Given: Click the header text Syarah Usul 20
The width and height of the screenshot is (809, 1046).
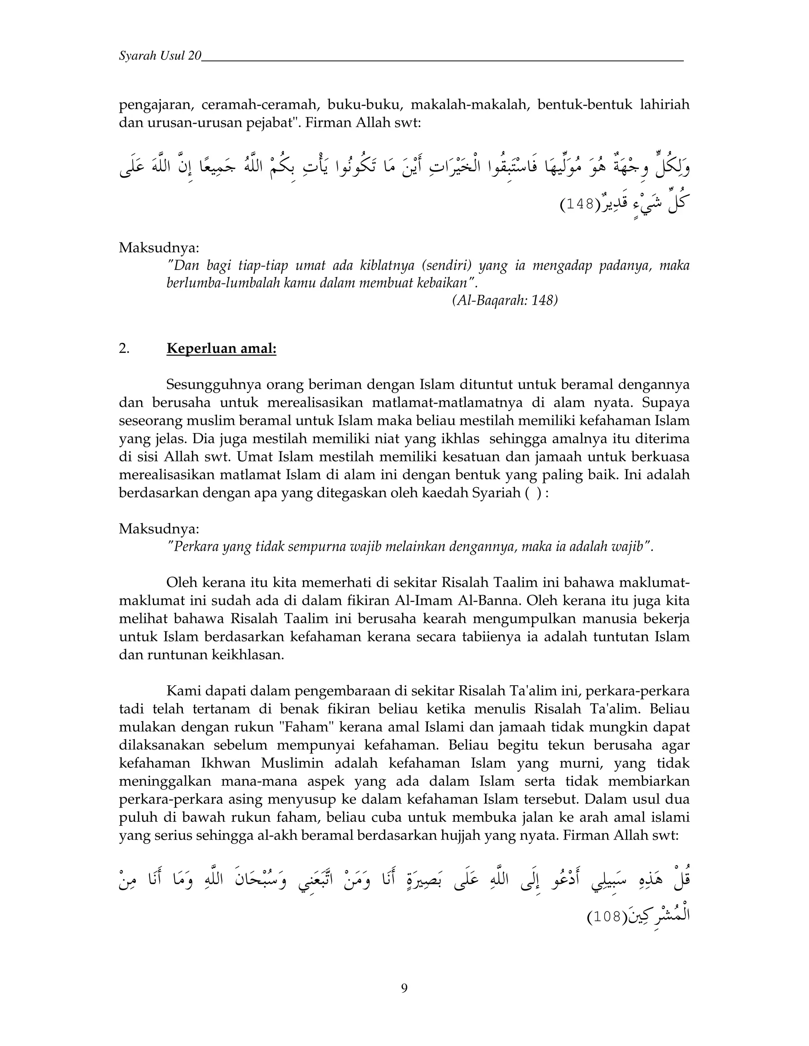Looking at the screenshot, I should pyautogui.click(x=160, y=56).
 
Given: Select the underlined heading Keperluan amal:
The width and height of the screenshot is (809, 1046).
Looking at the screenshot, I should pyautogui.click(x=222, y=348).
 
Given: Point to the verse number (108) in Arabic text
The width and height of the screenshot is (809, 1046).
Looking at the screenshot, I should pyautogui.click(x=607, y=917).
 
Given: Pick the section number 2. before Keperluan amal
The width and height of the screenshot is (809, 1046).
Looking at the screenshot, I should pyautogui.click(x=124, y=349).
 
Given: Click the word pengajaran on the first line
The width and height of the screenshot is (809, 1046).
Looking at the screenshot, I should pyautogui.click(x=156, y=105).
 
